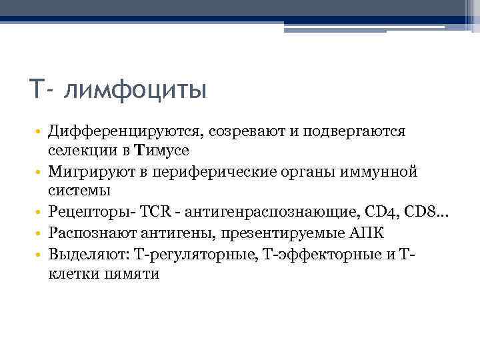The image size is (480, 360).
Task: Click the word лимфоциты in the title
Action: (136, 90)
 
